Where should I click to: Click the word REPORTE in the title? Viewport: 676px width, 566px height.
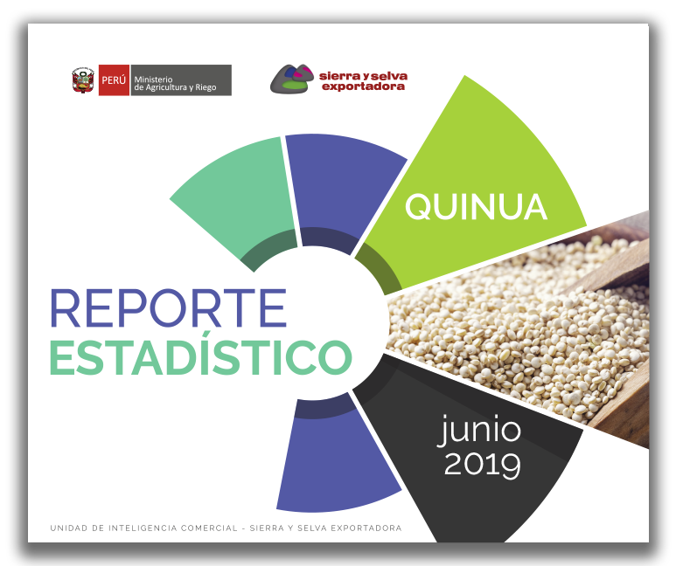pos(169,307)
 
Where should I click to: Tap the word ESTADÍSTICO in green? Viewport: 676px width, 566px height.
pos(201,358)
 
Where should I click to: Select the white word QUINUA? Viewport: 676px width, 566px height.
pos(476,207)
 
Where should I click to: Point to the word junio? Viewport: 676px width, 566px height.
pos(479,430)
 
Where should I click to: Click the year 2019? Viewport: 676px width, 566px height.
pos(483,465)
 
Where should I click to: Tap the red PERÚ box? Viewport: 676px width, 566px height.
pos(114,80)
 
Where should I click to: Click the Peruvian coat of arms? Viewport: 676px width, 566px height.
pos(83,80)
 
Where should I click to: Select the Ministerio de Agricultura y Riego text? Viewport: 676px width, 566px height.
pos(175,83)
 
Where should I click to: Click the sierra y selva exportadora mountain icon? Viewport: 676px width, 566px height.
pos(292,79)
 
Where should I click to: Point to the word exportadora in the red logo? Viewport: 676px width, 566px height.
pos(364,86)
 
